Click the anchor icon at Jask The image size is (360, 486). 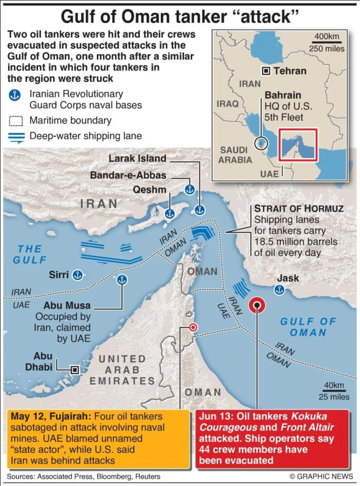pyautogui.click(x=277, y=290)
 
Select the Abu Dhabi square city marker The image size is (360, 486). pyautogui.click(x=74, y=370)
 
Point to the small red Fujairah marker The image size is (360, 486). pyautogui.click(x=193, y=327)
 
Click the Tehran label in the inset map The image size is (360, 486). pyautogui.click(x=290, y=71)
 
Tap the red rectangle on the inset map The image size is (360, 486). pyautogui.click(x=298, y=145)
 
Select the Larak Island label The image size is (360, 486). pyautogui.click(x=137, y=159)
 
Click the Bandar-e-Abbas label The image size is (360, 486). pyautogui.click(x=128, y=175)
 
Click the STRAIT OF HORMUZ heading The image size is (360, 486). pyautogui.click(x=299, y=209)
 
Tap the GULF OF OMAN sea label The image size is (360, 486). pyautogui.click(x=308, y=327)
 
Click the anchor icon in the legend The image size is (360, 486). pyautogui.click(x=14, y=95)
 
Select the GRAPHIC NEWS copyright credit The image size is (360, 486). pyautogui.click(x=321, y=476)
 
